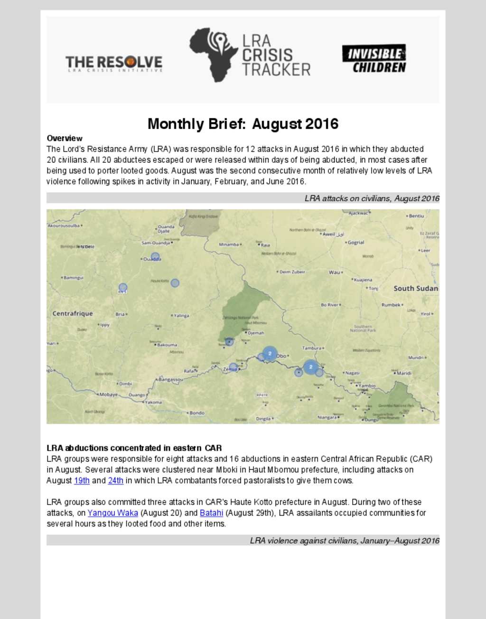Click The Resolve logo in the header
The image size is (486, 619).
[114, 63]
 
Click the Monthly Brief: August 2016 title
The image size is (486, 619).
[243, 124]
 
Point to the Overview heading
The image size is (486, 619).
[65, 138]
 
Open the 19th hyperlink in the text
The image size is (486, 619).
[82, 480]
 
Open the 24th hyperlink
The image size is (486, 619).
[116, 480]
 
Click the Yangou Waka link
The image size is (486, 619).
[113, 513]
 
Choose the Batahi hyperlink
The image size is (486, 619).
[212, 513]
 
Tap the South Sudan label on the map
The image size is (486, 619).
[416, 288]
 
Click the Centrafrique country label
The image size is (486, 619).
[73, 313]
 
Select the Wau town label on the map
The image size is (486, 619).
[335, 272]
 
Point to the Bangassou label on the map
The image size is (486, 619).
[170, 380]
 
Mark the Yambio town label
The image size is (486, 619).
[366, 385]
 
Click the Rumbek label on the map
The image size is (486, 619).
[391, 305]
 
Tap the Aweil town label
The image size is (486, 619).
[329, 234]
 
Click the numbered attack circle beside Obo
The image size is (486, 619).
[270, 354]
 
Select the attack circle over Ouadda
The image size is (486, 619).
[155, 257]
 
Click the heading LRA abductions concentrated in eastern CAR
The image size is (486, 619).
[134, 448]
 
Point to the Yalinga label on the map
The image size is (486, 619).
[181, 315]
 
